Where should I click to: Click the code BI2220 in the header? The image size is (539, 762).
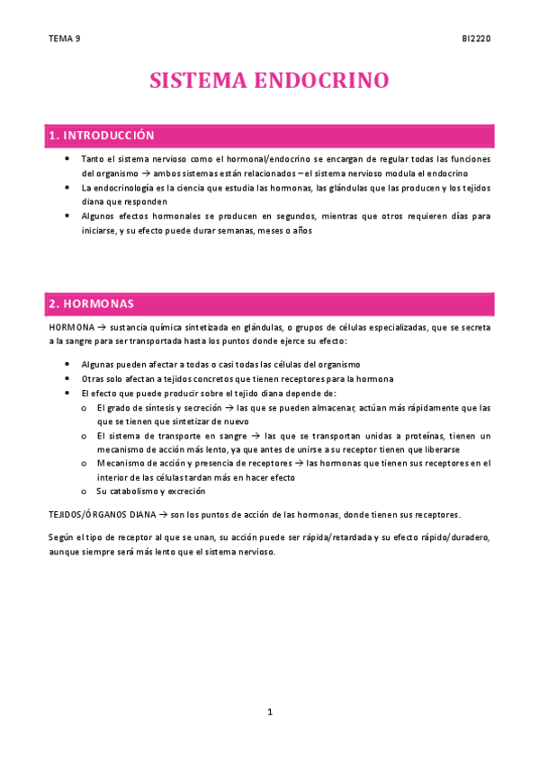coord(475,40)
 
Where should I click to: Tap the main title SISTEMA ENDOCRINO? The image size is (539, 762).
coord(269,81)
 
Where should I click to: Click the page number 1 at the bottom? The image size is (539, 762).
coord(269,712)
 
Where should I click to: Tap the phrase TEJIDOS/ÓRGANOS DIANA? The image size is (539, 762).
coord(101,515)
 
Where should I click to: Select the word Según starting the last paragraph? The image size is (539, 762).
coord(61,537)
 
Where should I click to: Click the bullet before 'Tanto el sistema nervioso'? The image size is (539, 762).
coord(68,158)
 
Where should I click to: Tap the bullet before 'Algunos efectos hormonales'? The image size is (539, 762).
coord(68,217)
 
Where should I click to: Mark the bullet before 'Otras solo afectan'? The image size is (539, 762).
coord(68,378)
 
